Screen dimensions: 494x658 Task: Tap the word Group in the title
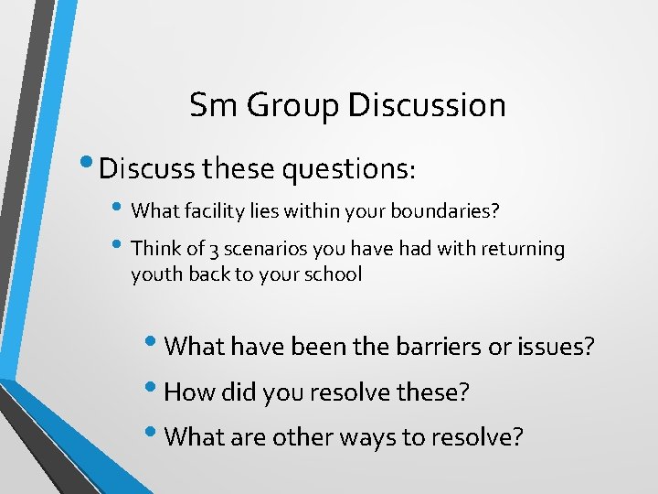point(286,106)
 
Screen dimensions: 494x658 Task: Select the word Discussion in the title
point(427,105)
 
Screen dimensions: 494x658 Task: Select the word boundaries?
point(445,211)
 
